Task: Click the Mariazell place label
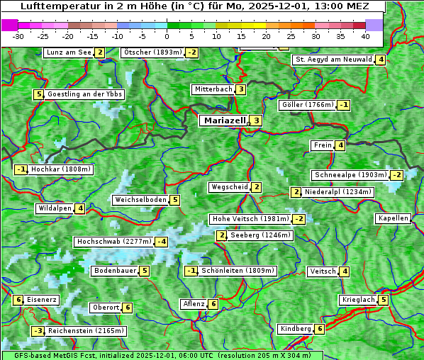(x=224, y=120)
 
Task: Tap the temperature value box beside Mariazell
(x=256, y=120)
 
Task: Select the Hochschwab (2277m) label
(x=114, y=242)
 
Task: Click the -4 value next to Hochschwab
(x=162, y=242)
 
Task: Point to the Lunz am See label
(x=69, y=52)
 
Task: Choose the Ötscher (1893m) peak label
(x=152, y=52)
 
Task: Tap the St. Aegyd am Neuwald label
(x=333, y=60)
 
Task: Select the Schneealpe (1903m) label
(x=350, y=175)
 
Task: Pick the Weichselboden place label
(x=140, y=200)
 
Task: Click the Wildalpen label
(x=55, y=208)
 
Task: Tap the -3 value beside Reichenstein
(x=38, y=331)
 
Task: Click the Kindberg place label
(x=295, y=329)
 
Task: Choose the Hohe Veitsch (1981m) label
(x=250, y=219)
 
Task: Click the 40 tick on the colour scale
(x=365, y=35)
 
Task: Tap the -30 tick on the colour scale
(x=18, y=35)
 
